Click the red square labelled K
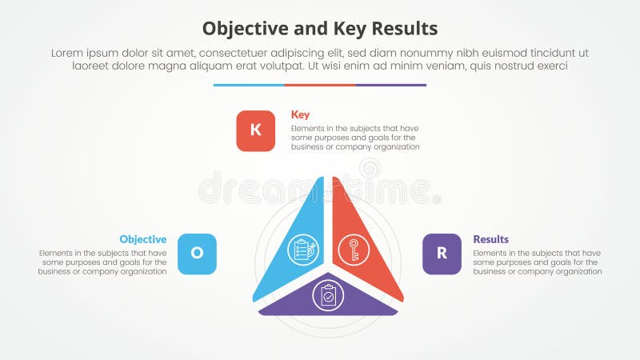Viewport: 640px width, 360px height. [x=255, y=130]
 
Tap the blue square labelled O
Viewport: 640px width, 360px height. [x=197, y=254]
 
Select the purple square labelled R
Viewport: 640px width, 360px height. [x=442, y=254]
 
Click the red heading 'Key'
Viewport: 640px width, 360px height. [x=300, y=114]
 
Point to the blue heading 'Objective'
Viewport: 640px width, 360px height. [x=143, y=239]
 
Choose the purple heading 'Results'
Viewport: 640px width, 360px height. [x=490, y=239]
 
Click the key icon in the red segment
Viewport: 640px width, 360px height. [x=354, y=250]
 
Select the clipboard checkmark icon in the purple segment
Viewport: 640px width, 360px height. [x=328, y=295]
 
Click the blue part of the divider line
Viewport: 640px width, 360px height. [x=249, y=85]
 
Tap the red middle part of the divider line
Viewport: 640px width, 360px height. [x=320, y=85]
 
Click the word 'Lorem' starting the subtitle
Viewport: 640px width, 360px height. [x=68, y=52]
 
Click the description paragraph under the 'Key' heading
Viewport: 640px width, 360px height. [x=355, y=138]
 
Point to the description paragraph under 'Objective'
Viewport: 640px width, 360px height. [x=102, y=262]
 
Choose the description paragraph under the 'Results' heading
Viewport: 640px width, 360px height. [x=537, y=262]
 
